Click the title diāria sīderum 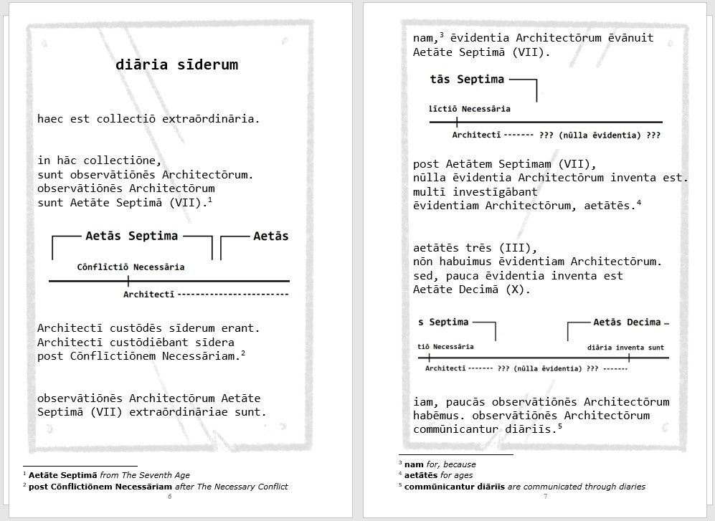tap(176, 65)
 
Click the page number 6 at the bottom tap(169, 497)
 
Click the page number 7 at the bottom tap(545, 497)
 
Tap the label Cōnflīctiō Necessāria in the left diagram tap(131, 267)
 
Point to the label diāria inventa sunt tap(625, 348)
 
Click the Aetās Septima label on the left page tap(132, 236)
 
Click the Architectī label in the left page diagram tap(148, 295)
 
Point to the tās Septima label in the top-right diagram tap(467, 80)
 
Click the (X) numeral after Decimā tap(519, 290)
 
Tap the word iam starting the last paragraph tap(423, 402)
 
